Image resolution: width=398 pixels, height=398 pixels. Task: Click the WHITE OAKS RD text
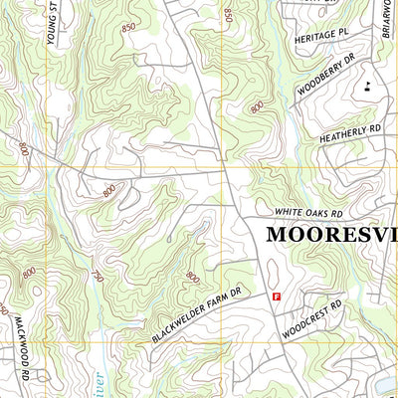click(x=307, y=213)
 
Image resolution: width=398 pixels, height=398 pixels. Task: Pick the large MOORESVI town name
click(x=331, y=235)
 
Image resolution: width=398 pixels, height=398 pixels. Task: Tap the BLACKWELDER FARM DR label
click(x=197, y=316)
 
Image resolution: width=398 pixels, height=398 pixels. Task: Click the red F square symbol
click(x=276, y=297)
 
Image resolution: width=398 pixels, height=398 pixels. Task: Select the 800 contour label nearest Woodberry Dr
click(x=257, y=106)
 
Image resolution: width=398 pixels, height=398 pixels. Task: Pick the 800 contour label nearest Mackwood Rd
click(x=29, y=272)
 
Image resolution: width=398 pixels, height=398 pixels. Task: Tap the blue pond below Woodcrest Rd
click(x=384, y=385)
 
